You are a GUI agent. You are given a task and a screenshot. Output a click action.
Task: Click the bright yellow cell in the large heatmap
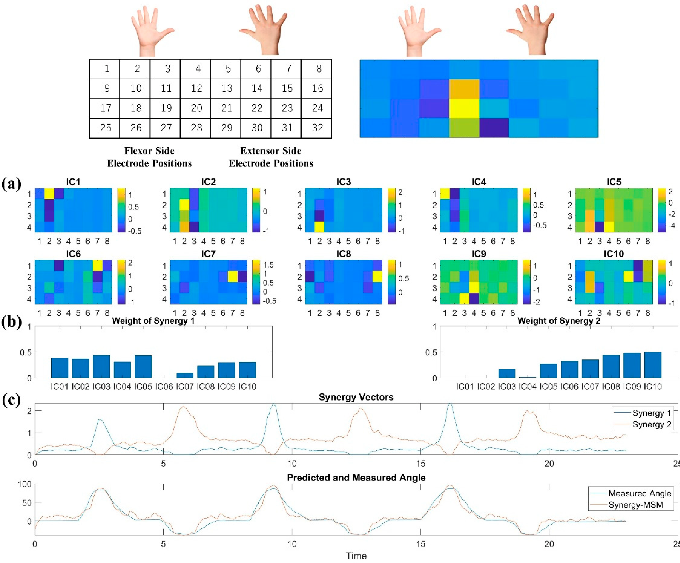464,108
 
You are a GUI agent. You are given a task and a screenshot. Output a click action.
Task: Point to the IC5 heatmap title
614,182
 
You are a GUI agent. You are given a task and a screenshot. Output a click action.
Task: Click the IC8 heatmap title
343,254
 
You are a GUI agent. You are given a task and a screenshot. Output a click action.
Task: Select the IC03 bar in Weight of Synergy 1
101,367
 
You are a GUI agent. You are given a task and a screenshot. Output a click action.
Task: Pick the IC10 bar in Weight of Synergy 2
653,365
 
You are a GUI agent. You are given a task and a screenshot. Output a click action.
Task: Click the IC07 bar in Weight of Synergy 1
185,375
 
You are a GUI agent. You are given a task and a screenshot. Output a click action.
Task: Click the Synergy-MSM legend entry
636,505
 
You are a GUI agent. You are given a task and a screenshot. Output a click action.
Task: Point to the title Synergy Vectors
356,397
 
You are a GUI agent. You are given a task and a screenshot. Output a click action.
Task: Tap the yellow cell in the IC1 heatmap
49,194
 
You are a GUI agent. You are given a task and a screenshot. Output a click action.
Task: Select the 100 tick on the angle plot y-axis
25,484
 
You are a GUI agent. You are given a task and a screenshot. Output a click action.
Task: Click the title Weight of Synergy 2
559,321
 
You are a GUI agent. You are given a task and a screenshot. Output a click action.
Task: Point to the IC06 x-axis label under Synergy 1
164,386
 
